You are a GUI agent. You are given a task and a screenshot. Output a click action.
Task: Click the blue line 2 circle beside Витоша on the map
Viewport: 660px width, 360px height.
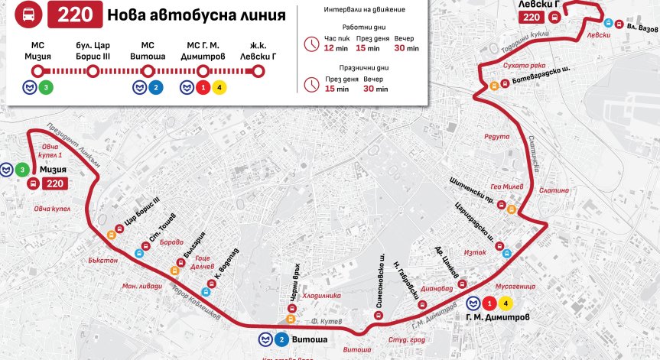point(281,339)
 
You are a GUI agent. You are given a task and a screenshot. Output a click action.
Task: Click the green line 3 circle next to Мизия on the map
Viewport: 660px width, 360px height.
point(23,169)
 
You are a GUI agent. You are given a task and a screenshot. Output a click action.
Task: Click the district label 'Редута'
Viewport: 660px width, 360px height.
point(497,137)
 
